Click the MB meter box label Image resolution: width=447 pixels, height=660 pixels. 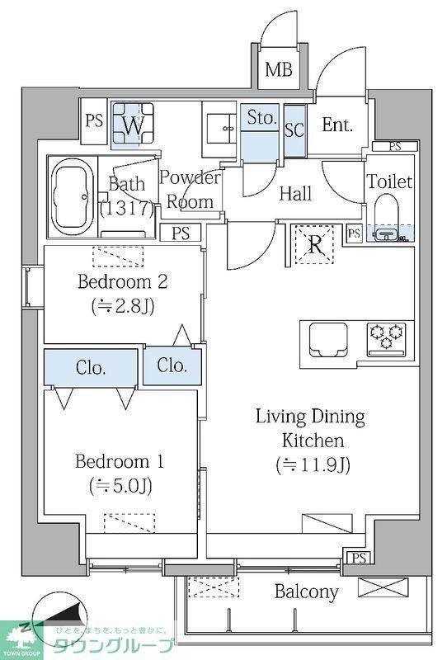pos(279,69)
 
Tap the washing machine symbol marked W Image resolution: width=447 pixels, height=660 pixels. pos(133,125)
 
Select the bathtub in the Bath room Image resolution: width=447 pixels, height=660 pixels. pos(72,197)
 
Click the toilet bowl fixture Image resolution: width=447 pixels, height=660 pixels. pos(386,217)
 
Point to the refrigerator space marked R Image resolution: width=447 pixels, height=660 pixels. pos(314,245)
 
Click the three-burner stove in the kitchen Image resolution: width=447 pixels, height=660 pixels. pos(387,339)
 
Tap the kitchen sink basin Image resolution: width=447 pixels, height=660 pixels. pos(328,339)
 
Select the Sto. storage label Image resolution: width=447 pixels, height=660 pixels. pos(262,117)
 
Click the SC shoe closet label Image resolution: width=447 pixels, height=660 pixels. pos(294,130)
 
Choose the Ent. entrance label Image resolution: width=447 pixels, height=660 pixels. pos(337,125)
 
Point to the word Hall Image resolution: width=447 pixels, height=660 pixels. pos(295,194)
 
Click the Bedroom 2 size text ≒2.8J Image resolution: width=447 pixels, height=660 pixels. pos(123,306)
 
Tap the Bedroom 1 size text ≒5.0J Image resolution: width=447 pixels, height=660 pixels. pos(120,486)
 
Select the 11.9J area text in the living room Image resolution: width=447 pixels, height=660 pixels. pos(313,464)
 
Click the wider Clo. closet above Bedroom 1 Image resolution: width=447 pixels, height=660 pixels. pos(91,367)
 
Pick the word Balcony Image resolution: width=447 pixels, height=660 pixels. pos(307,592)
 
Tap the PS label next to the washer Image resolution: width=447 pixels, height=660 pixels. pos(94,120)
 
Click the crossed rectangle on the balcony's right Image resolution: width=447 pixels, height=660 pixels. pos(383,587)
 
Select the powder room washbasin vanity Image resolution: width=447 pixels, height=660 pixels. pos(221,125)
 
